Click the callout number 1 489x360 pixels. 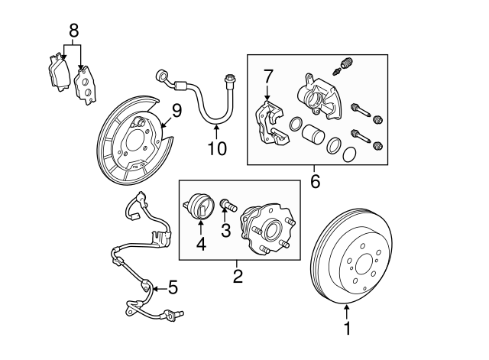(x=348, y=329)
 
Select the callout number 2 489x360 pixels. (x=238, y=276)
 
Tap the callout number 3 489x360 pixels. (x=225, y=230)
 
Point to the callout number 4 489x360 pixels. (x=201, y=244)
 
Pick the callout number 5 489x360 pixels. (x=173, y=288)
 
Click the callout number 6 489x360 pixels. (x=315, y=183)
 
